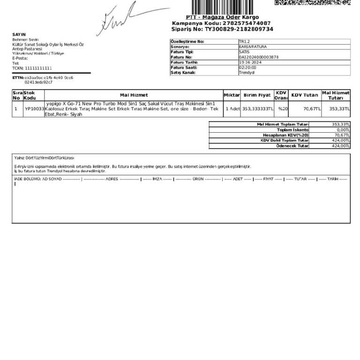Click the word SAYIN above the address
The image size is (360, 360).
pyautogui.click(x=19, y=35)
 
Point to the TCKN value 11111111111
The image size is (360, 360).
pyautogui.click(x=38, y=68)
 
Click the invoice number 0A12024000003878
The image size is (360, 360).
pyautogui.click(x=258, y=57)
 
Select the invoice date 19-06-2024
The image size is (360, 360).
pyautogui.click(x=249, y=62)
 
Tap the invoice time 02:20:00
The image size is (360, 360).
pyautogui.click(x=247, y=67)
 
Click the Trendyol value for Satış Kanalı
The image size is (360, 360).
pyautogui.click(x=247, y=73)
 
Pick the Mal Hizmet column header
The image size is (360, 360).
pyautogui.click(x=134, y=95)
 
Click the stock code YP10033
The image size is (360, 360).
pyautogui.click(x=34, y=109)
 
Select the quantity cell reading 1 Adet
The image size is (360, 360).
pyautogui.click(x=232, y=109)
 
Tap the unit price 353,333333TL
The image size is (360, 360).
pyautogui.click(x=257, y=109)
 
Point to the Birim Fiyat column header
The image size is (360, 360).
pyautogui.click(x=257, y=95)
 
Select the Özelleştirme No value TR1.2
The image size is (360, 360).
pyautogui.click(x=245, y=42)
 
